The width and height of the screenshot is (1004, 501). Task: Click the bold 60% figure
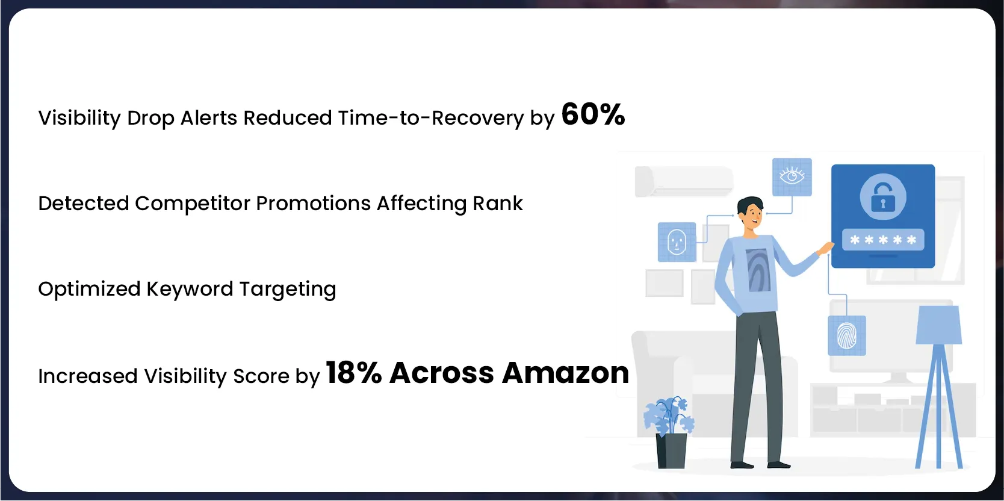pos(593,114)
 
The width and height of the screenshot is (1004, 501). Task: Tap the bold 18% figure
pos(354,373)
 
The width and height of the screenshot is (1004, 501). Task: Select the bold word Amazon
pos(566,373)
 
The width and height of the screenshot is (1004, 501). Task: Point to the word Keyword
pos(190,289)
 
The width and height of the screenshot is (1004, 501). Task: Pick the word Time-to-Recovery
pos(431,118)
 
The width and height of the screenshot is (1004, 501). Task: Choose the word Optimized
pos(89,289)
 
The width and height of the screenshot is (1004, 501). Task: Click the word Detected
pos(84,204)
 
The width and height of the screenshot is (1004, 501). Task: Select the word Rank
pos(498,204)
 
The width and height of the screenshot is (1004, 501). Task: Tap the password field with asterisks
pos(883,240)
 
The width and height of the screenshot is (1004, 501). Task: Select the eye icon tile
pos(792,176)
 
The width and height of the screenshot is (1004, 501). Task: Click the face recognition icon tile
pos(677,241)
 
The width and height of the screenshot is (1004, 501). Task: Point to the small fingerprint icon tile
pos(847,335)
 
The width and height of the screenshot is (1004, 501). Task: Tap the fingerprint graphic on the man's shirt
pos(757,270)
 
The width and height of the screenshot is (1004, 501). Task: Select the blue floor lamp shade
pos(938,325)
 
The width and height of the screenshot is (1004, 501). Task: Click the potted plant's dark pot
pos(671,451)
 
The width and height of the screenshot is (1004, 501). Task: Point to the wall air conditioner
pos(684,181)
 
